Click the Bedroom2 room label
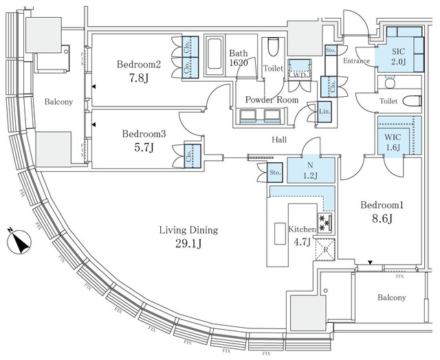138,65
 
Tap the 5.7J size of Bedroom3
144,148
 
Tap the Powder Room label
272,100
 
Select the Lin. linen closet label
323,111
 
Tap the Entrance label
355,62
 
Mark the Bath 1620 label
239,57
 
